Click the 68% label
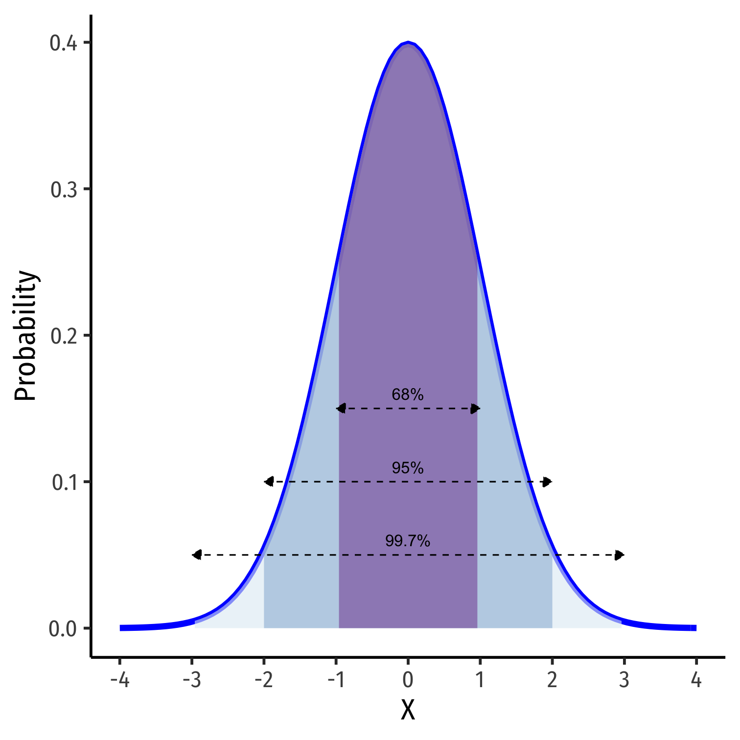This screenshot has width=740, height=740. click(408, 394)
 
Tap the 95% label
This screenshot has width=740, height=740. click(408, 468)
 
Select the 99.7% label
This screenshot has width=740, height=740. click(408, 541)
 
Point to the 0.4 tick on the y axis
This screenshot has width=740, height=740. click(64, 43)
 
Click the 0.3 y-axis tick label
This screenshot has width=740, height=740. click(64, 189)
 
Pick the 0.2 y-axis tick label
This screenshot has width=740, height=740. click(64, 336)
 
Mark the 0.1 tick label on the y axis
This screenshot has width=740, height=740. click(64, 482)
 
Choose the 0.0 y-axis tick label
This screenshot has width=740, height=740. click(64, 628)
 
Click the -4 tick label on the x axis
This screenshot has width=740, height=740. click(119, 680)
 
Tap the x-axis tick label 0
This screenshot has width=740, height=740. click(408, 680)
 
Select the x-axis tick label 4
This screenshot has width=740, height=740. click(696, 680)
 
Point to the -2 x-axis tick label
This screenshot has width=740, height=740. click(263, 680)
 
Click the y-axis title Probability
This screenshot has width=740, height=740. click(25, 336)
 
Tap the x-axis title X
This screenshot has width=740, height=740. click(408, 710)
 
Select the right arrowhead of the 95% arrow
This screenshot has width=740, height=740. click(547, 482)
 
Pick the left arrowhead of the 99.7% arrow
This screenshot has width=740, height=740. click(197, 555)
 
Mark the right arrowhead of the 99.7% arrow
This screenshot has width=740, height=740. click(620, 555)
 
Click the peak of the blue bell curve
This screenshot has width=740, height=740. click(408, 43)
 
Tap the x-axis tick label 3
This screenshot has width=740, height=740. click(624, 680)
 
